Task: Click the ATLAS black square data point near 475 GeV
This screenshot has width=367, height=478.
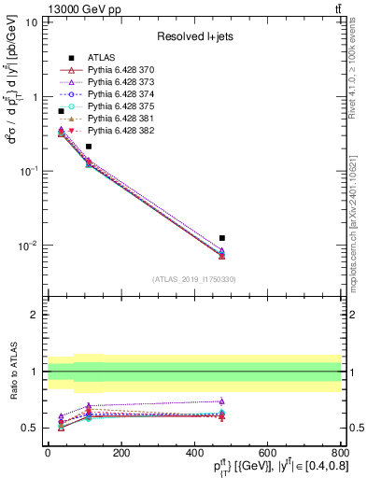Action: point(221,238)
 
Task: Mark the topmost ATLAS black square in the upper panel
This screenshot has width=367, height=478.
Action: point(61,111)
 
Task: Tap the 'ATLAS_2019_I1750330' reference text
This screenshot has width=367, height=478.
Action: point(193,279)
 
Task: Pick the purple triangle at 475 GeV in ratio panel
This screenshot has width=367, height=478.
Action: point(221,401)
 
